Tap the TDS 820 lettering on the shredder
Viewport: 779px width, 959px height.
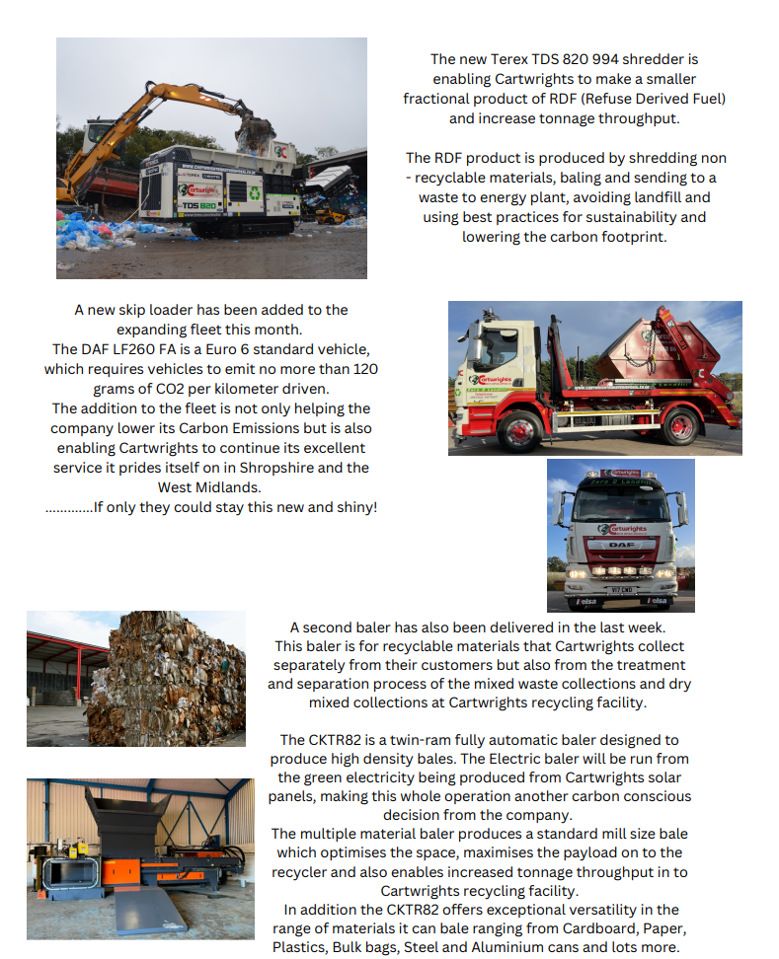coord(198,205)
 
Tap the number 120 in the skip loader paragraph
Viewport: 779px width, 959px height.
coord(365,369)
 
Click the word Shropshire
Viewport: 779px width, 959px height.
coord(289,468)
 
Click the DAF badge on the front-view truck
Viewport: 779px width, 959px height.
coord(621,544)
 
